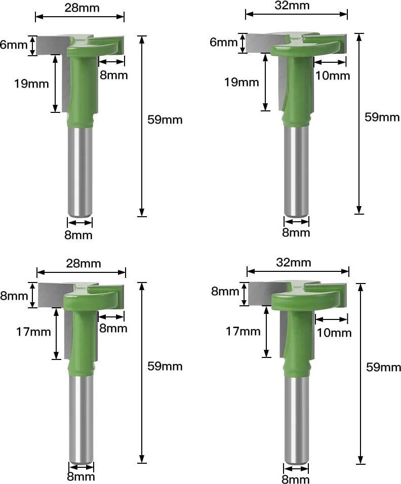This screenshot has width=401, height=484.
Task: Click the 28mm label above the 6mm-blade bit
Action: tap(82, 8)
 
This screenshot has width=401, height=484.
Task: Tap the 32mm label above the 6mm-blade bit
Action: tap(292, 5)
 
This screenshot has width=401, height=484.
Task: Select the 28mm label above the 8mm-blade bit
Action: tap(84, 263)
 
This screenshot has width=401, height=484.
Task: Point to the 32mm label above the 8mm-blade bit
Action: tap(294, 262)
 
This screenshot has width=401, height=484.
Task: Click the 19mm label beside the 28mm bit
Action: tap(31, 84)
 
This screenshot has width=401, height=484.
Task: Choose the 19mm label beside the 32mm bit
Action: tap(242, 82)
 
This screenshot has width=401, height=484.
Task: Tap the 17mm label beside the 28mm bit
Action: tap(33, 332)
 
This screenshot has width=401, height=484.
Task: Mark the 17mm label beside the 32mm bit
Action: tap(243, 331)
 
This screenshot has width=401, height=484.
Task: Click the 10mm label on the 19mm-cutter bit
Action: tap(333, 75)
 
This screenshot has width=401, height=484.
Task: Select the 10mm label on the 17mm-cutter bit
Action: tap(334, 333)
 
